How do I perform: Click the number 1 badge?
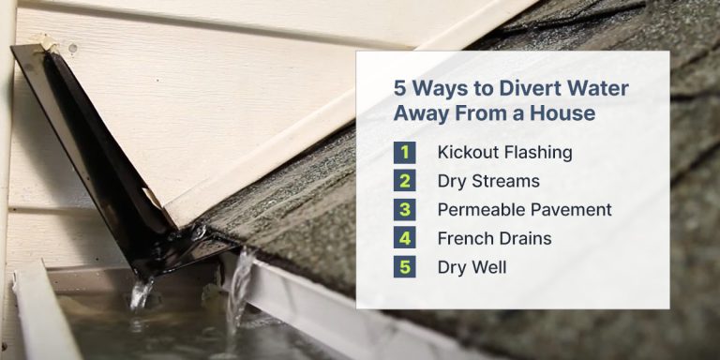(406, 152)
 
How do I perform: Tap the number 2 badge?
(406, 181)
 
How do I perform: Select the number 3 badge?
(406, 209)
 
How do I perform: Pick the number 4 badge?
(406, 238)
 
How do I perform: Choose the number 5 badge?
(406, 267)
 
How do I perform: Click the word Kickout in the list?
(470, 152)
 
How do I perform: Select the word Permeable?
(483, 209)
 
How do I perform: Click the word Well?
(488, 267)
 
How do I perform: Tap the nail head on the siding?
(71, 46)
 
